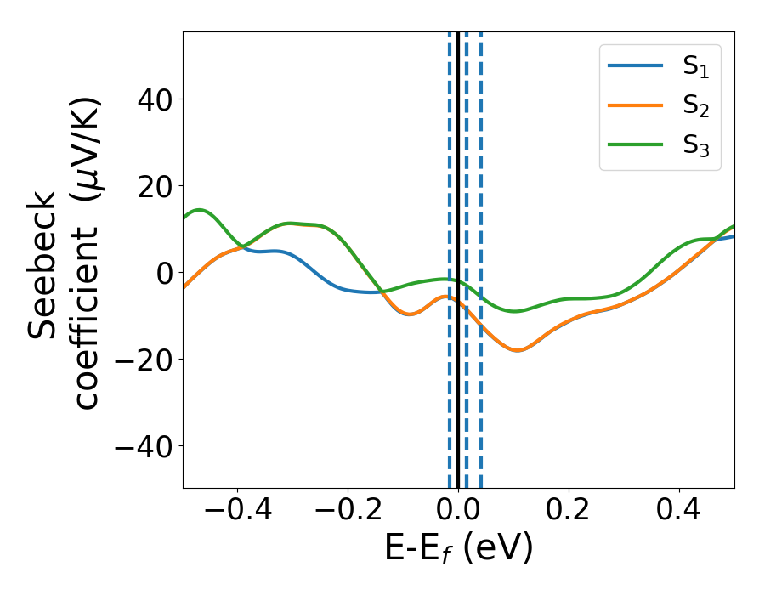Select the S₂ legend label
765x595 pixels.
tap(695, 108)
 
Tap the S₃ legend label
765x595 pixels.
tap(695, 146)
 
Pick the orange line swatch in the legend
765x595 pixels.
tap(636, 106)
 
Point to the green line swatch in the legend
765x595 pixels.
tap(636, 144)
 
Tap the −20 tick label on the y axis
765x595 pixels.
tap(142, 360)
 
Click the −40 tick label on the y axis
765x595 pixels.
tap(142, 447)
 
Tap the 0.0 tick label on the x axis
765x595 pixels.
tap(458, 510)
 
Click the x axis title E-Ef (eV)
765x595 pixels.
tap(458, 549)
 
